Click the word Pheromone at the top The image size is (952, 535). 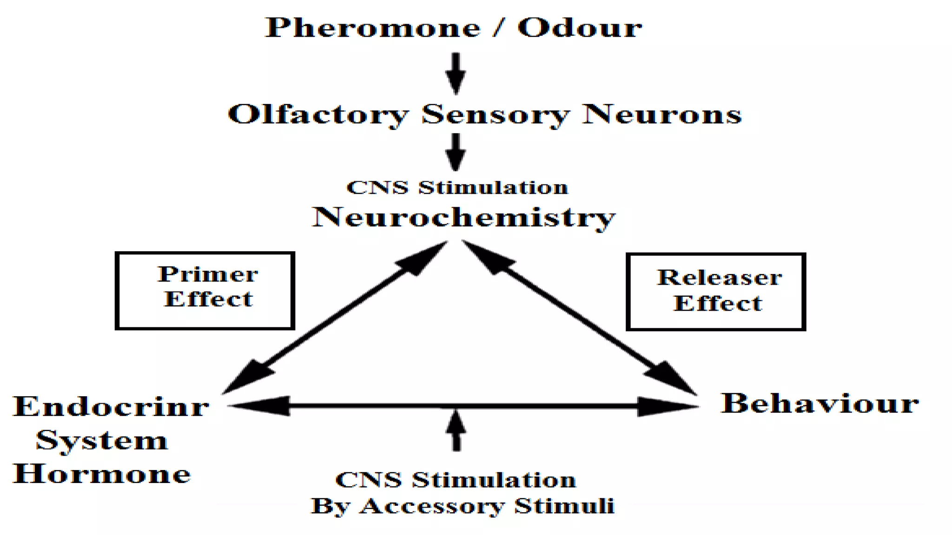(372, 28)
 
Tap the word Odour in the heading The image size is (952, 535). (580, 28)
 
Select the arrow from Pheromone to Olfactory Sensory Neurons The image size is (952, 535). (456, 73)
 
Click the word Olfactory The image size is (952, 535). (318, 114)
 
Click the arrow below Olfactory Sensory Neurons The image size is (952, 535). (456, 152)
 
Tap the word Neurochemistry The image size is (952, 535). (463, 217)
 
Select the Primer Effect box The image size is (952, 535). (205, 291)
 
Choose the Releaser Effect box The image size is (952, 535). (716, 292)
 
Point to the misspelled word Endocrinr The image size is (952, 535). (111, 407)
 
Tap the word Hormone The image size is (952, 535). (102, 474)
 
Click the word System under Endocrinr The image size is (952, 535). (102, 441)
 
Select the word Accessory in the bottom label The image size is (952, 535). (432, 506)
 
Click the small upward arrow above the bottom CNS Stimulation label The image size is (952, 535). (456, 430)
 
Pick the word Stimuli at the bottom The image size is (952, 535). (564, 506)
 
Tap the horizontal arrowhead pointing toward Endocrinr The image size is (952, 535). (260, 406)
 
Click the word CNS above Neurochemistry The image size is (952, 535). (377, 188)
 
